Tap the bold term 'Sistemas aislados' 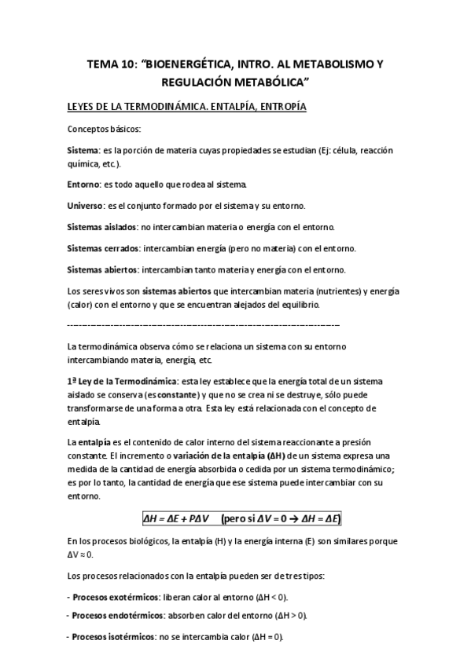coord(101,227)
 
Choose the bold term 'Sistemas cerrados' coord(104,248)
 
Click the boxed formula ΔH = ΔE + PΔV coord(178,518)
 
